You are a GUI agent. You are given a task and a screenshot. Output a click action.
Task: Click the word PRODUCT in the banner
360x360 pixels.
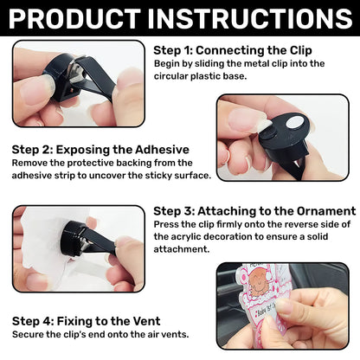pyautogui.click(x=74, y=18)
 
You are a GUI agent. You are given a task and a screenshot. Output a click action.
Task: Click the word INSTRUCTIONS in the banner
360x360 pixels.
pyautogui.click(x=250, y=18)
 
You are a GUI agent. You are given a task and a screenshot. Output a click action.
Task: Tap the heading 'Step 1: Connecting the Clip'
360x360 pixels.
pyautogui.click(x=233, y=50)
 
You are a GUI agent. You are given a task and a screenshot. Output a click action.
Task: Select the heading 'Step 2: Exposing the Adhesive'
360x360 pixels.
pyautogui.click(x=100, y=150)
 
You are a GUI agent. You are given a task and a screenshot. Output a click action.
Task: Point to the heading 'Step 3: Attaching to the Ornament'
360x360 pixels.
pyautogui.click(x=254, y=211)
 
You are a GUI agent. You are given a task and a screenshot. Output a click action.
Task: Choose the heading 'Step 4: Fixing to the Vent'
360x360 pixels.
pyautogui.click(x=86, y=321)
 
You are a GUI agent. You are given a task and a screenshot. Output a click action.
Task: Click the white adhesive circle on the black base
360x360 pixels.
pyautogui.click(x=294, y=123)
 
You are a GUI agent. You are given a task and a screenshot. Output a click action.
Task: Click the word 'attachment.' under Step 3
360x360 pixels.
pyautogui.click(x=182, y=249)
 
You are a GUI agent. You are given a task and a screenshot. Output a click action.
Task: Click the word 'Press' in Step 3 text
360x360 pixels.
pyautogui.click(x=164, y=224)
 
